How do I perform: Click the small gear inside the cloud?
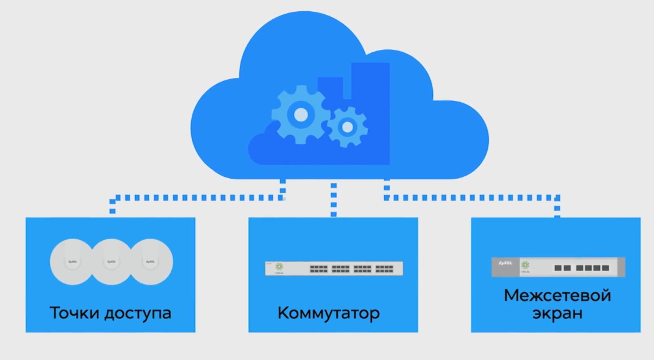click(348, 127)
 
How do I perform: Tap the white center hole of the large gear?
click(301, 115)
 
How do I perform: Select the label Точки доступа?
click(110, 312)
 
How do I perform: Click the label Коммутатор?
click(328, 312)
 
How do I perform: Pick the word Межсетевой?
click(557, 295)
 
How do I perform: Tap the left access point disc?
click(71, 262)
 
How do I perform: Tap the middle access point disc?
click(110, 262)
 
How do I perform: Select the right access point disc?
click(150, 262)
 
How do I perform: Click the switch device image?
click(333, 268)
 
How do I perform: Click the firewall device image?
click(557, 267)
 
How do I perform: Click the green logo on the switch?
click(279, 267)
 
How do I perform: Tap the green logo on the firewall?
click(525, 265)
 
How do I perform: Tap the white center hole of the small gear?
click(348, 127)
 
